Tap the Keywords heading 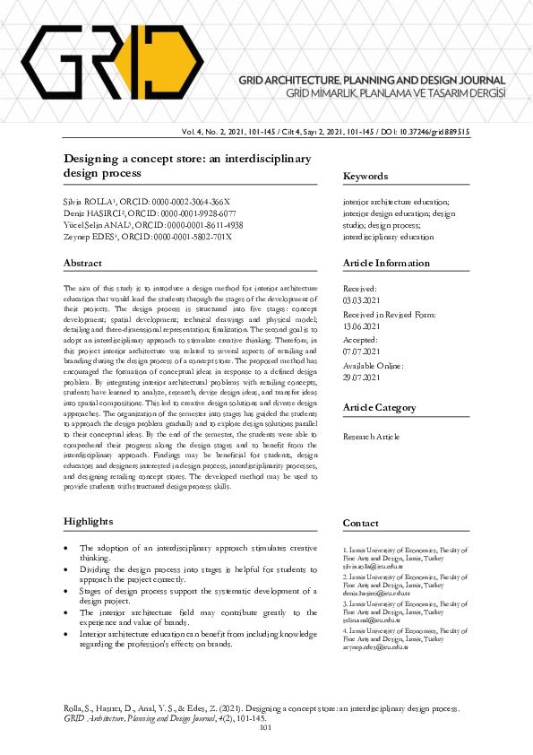pos(365,177)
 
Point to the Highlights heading pos(88,521)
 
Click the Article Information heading pos(386,263)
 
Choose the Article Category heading pos(379,408)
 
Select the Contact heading pos(361,523)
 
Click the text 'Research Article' pos(372,437)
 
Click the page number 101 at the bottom pos(264,728)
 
